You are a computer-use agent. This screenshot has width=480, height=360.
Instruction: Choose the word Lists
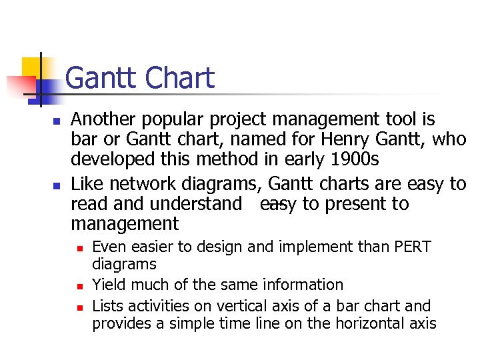point(107,307)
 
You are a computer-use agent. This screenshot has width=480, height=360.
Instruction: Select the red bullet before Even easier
point(79,249)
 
